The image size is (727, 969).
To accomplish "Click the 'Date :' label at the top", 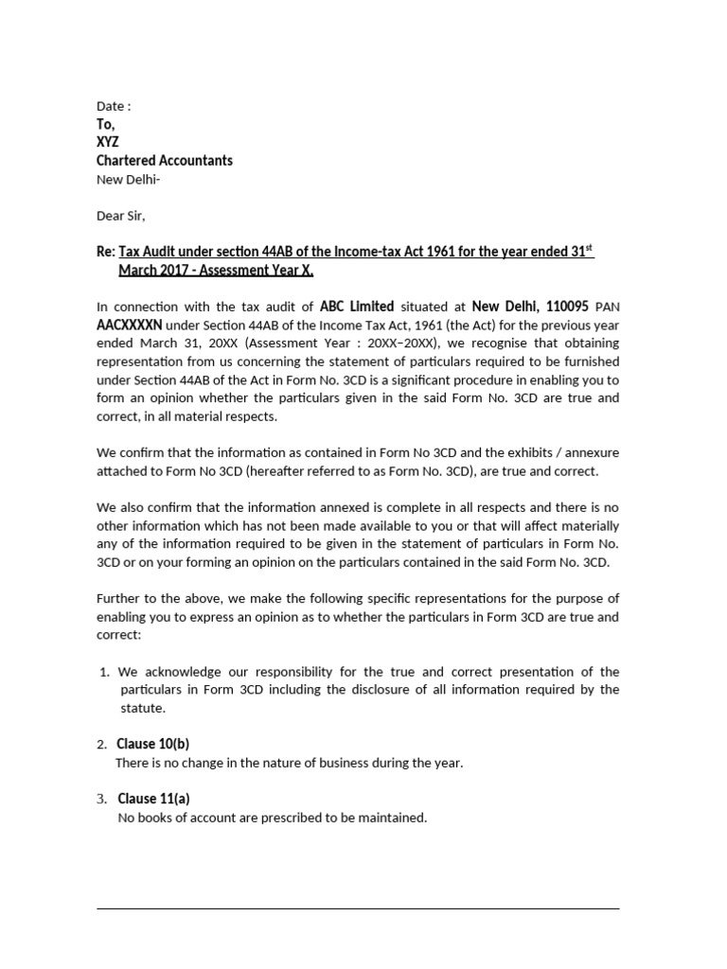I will [114, 106].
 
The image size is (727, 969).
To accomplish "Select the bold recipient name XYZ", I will [108, 142].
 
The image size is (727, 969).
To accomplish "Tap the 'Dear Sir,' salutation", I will [121, 215].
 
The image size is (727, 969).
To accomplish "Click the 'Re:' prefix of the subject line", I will [105, 252].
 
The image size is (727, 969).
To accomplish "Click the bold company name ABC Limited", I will [357, 307].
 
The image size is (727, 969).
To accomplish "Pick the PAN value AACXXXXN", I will [129, 325].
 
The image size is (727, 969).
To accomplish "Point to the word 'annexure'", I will [576, 451].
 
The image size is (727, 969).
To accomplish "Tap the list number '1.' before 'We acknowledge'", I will [105, 672].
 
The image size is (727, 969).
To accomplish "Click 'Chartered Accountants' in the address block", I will [165, 160].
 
